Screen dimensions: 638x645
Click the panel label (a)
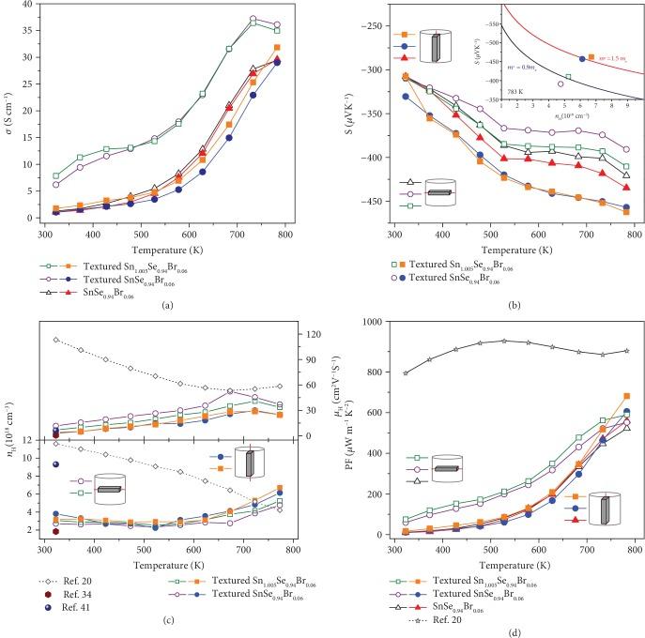166,305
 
